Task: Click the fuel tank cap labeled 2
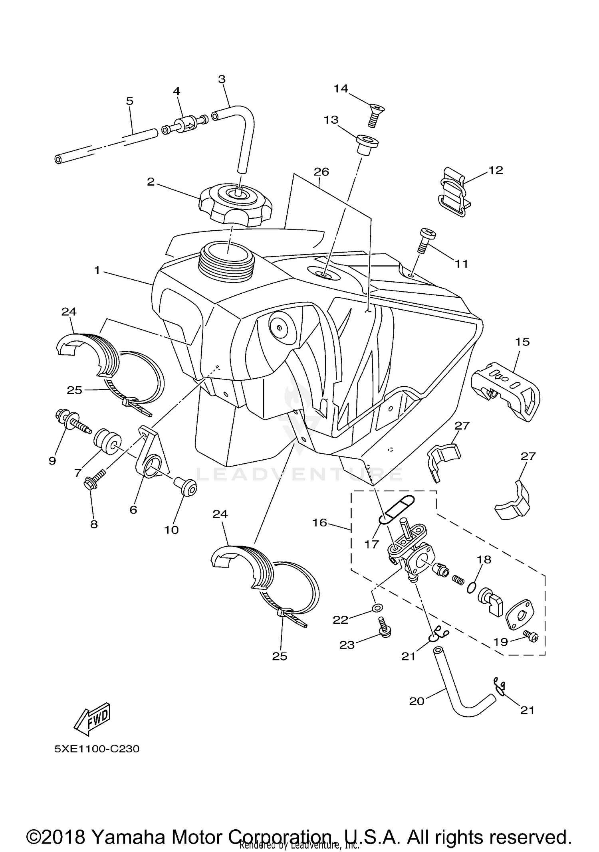[x=236, y=204]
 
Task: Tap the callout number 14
[x=341, y=89]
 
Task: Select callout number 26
[x=321, y=172]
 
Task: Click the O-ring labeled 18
[x=471, y=587]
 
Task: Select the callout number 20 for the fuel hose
[x=417, y=701]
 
